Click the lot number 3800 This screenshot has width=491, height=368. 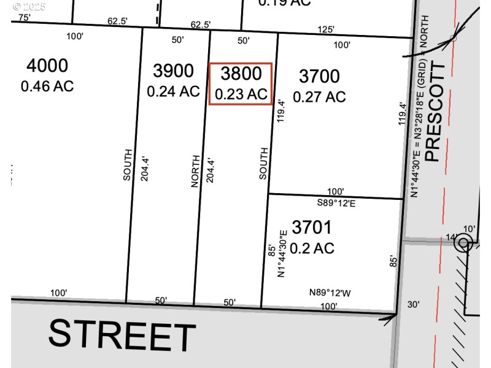[241, 74]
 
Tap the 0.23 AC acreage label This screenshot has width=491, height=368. [241, 94]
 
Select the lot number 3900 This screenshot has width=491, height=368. [173, 71]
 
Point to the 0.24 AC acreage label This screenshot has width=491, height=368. [173, 91]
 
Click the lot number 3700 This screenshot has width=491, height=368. [319, 77]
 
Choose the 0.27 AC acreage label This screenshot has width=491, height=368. [319, 96]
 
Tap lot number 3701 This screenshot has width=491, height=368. [312, 228]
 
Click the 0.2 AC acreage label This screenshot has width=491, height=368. [312, 248]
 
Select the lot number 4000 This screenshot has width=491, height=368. [47, 66]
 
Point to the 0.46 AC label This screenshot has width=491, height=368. [47, 86]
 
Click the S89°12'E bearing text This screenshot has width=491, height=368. [336, 203]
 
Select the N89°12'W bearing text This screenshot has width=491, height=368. [330, 293]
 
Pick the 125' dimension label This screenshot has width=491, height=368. [326, 29]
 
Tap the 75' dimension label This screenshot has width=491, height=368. [24, 18]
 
